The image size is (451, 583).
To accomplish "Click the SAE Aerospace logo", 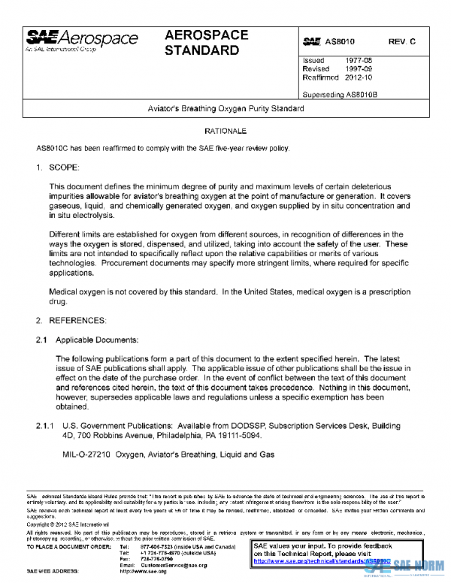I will pyautogui.click(x=82, y=41).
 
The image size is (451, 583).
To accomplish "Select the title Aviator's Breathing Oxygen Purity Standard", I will pyautogui.click(x=225, y=109).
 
